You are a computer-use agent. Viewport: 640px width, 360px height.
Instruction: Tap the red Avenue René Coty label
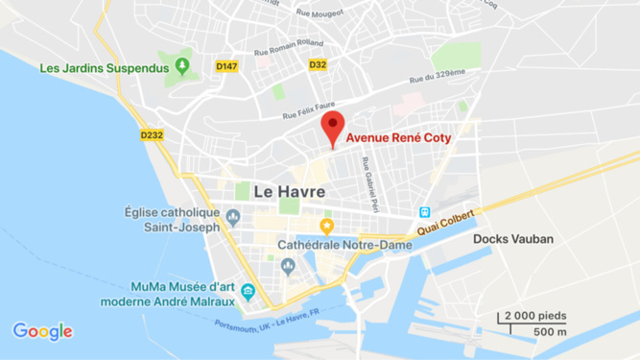point(398,138)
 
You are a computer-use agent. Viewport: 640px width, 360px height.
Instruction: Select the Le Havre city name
point(289,192)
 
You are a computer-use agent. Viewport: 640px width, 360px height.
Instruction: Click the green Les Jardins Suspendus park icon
point(183,67)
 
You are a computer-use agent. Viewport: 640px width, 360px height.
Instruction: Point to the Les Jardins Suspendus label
point(105,68)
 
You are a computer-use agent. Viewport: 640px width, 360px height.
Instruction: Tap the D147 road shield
point(227,66)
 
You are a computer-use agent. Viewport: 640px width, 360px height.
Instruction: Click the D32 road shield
point(318,65)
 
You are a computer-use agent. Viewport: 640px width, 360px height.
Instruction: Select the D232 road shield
point(152,135)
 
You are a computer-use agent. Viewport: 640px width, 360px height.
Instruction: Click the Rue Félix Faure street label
point(309,110)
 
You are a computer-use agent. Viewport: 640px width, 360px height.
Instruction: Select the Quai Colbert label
point(444,224)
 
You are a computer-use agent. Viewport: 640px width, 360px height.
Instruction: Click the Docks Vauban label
point(513,239)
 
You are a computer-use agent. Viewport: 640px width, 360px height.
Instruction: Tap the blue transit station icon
point(423,212)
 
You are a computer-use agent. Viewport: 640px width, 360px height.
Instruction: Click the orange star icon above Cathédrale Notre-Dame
point(326,228)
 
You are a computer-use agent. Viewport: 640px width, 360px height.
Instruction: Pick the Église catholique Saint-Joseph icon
point(232,218)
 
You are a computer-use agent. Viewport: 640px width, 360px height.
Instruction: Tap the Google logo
point(42,331)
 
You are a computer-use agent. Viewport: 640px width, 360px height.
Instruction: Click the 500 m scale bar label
point(549,331)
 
